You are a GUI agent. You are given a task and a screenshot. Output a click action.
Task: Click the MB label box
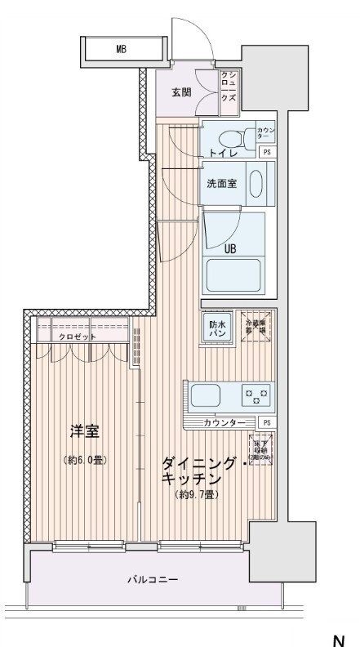[120, 50]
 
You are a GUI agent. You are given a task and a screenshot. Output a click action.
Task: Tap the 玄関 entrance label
[182, 91]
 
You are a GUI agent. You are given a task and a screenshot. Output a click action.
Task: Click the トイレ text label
[221, 152]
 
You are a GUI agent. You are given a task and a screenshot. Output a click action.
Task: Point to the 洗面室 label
[220, 183]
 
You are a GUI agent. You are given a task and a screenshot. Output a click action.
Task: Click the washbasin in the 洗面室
[256, 183]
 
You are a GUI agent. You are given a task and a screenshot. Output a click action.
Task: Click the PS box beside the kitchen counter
[266, 422]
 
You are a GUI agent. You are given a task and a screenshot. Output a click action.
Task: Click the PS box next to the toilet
[266, 152]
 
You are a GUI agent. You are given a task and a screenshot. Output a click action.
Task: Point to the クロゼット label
[77, 337]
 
